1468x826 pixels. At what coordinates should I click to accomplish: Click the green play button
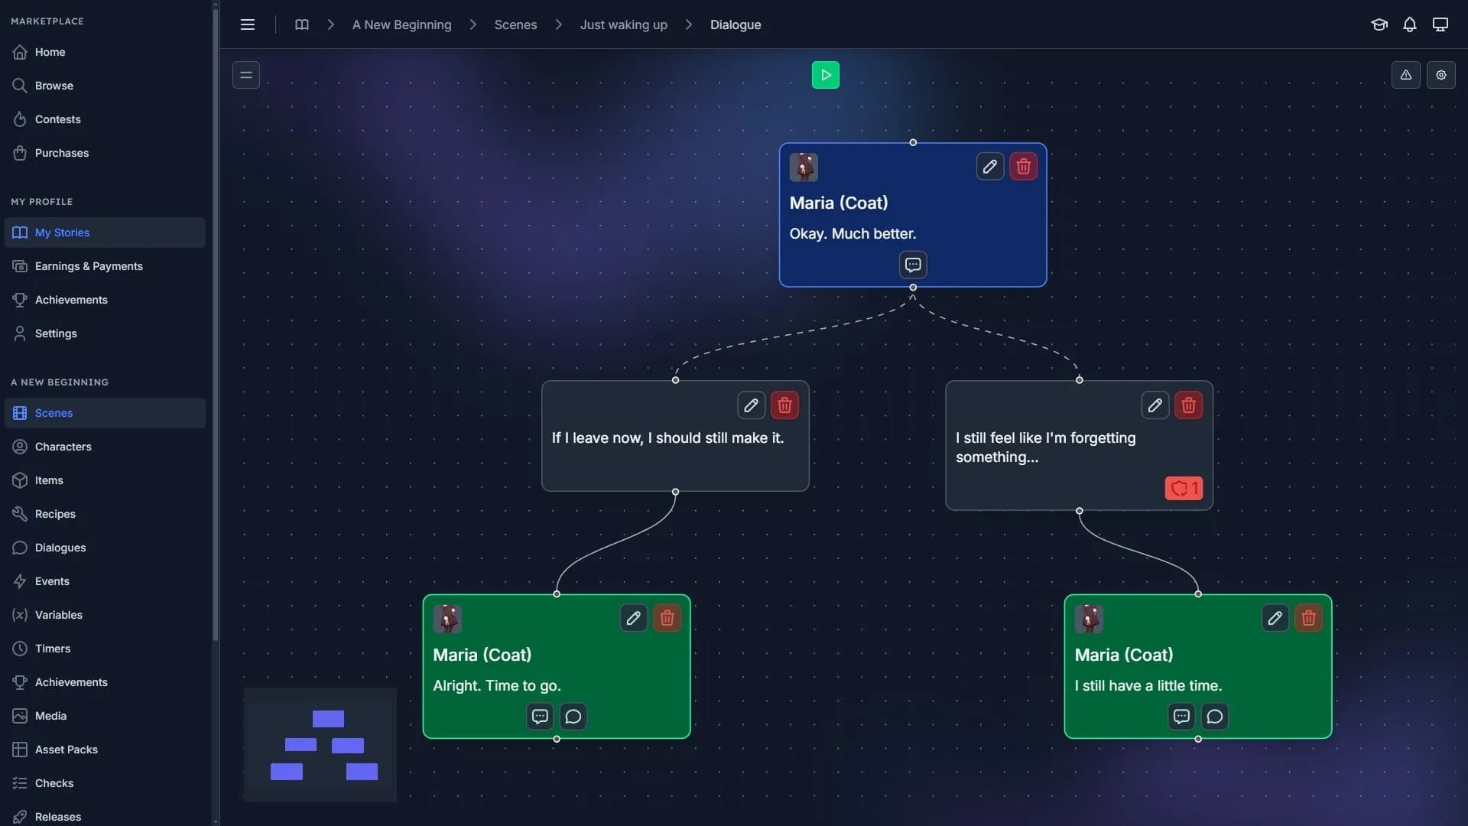[x=825, y=75]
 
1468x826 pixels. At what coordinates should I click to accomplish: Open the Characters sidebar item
[x=63, y=447]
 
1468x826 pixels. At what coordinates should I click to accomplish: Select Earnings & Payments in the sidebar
[x=89, y=266]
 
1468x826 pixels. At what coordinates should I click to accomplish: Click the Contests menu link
[x=57, y=119]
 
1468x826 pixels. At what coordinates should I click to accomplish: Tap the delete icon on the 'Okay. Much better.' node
[x=1023, y=167]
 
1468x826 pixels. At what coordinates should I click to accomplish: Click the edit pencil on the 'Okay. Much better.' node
[x=989, y=167]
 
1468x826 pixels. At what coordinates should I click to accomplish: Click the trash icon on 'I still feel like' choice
[x=1188, y=405]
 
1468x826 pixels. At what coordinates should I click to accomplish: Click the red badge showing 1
[x=1184, y=488]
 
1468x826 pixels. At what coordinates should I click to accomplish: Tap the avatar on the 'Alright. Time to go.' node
[x=447, y=618]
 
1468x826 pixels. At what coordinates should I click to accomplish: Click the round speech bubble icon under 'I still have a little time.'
[x=1215, y=717]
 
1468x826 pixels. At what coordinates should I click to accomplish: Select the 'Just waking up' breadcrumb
[x=623, y=24]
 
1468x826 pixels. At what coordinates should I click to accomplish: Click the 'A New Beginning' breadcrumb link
[x=401, y=24]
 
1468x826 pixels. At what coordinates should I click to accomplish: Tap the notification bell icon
[x=1409, y=24]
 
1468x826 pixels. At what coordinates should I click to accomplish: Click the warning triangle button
[x=1405, y=75]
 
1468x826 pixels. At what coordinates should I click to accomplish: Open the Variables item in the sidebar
[x=58, y=615]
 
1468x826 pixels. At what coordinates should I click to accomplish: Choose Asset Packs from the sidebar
[x=66, y=750]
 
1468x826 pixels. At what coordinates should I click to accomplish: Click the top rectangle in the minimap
[x=328, y=719]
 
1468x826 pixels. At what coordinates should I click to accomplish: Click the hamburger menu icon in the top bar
[x=248, y=24]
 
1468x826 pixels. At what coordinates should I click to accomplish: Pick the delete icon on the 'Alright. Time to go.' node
[x=667, y=618]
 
